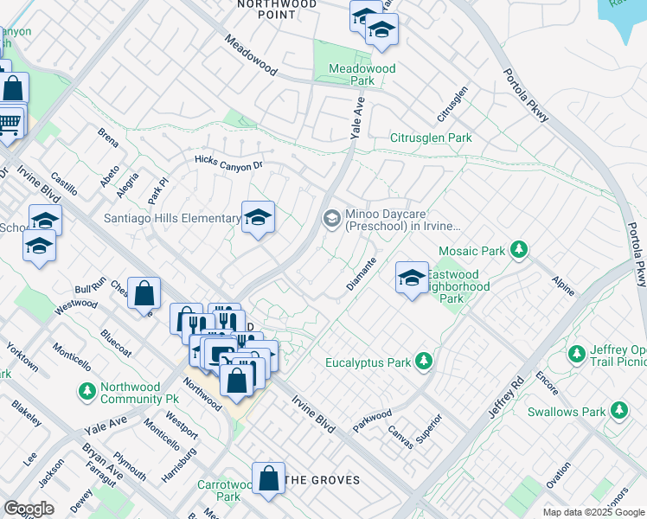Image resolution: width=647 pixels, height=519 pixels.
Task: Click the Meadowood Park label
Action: [x=362, y=74]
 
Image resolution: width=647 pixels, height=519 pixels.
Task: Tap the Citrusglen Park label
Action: [x=431, y=138]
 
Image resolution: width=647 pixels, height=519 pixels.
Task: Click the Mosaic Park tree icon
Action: [x=518, y=251]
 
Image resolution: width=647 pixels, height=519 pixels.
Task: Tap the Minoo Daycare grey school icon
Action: [x=331, y=220]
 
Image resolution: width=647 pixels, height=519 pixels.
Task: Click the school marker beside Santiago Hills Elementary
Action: [x=258, y=218]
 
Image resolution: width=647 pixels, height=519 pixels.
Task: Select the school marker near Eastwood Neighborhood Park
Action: [x=413, y=278]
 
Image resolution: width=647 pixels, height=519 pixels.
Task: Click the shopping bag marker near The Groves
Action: [x=269, y=478]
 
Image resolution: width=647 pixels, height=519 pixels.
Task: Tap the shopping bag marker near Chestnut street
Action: [x=144, y=293]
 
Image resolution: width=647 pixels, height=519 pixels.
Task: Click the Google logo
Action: [x=29, y=509]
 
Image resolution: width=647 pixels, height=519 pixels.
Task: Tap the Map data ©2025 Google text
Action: [x=593, y=512]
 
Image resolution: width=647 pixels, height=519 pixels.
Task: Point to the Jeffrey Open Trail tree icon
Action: [x=577, y=353]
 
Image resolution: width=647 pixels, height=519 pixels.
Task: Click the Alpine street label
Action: [x=562, y=286]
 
